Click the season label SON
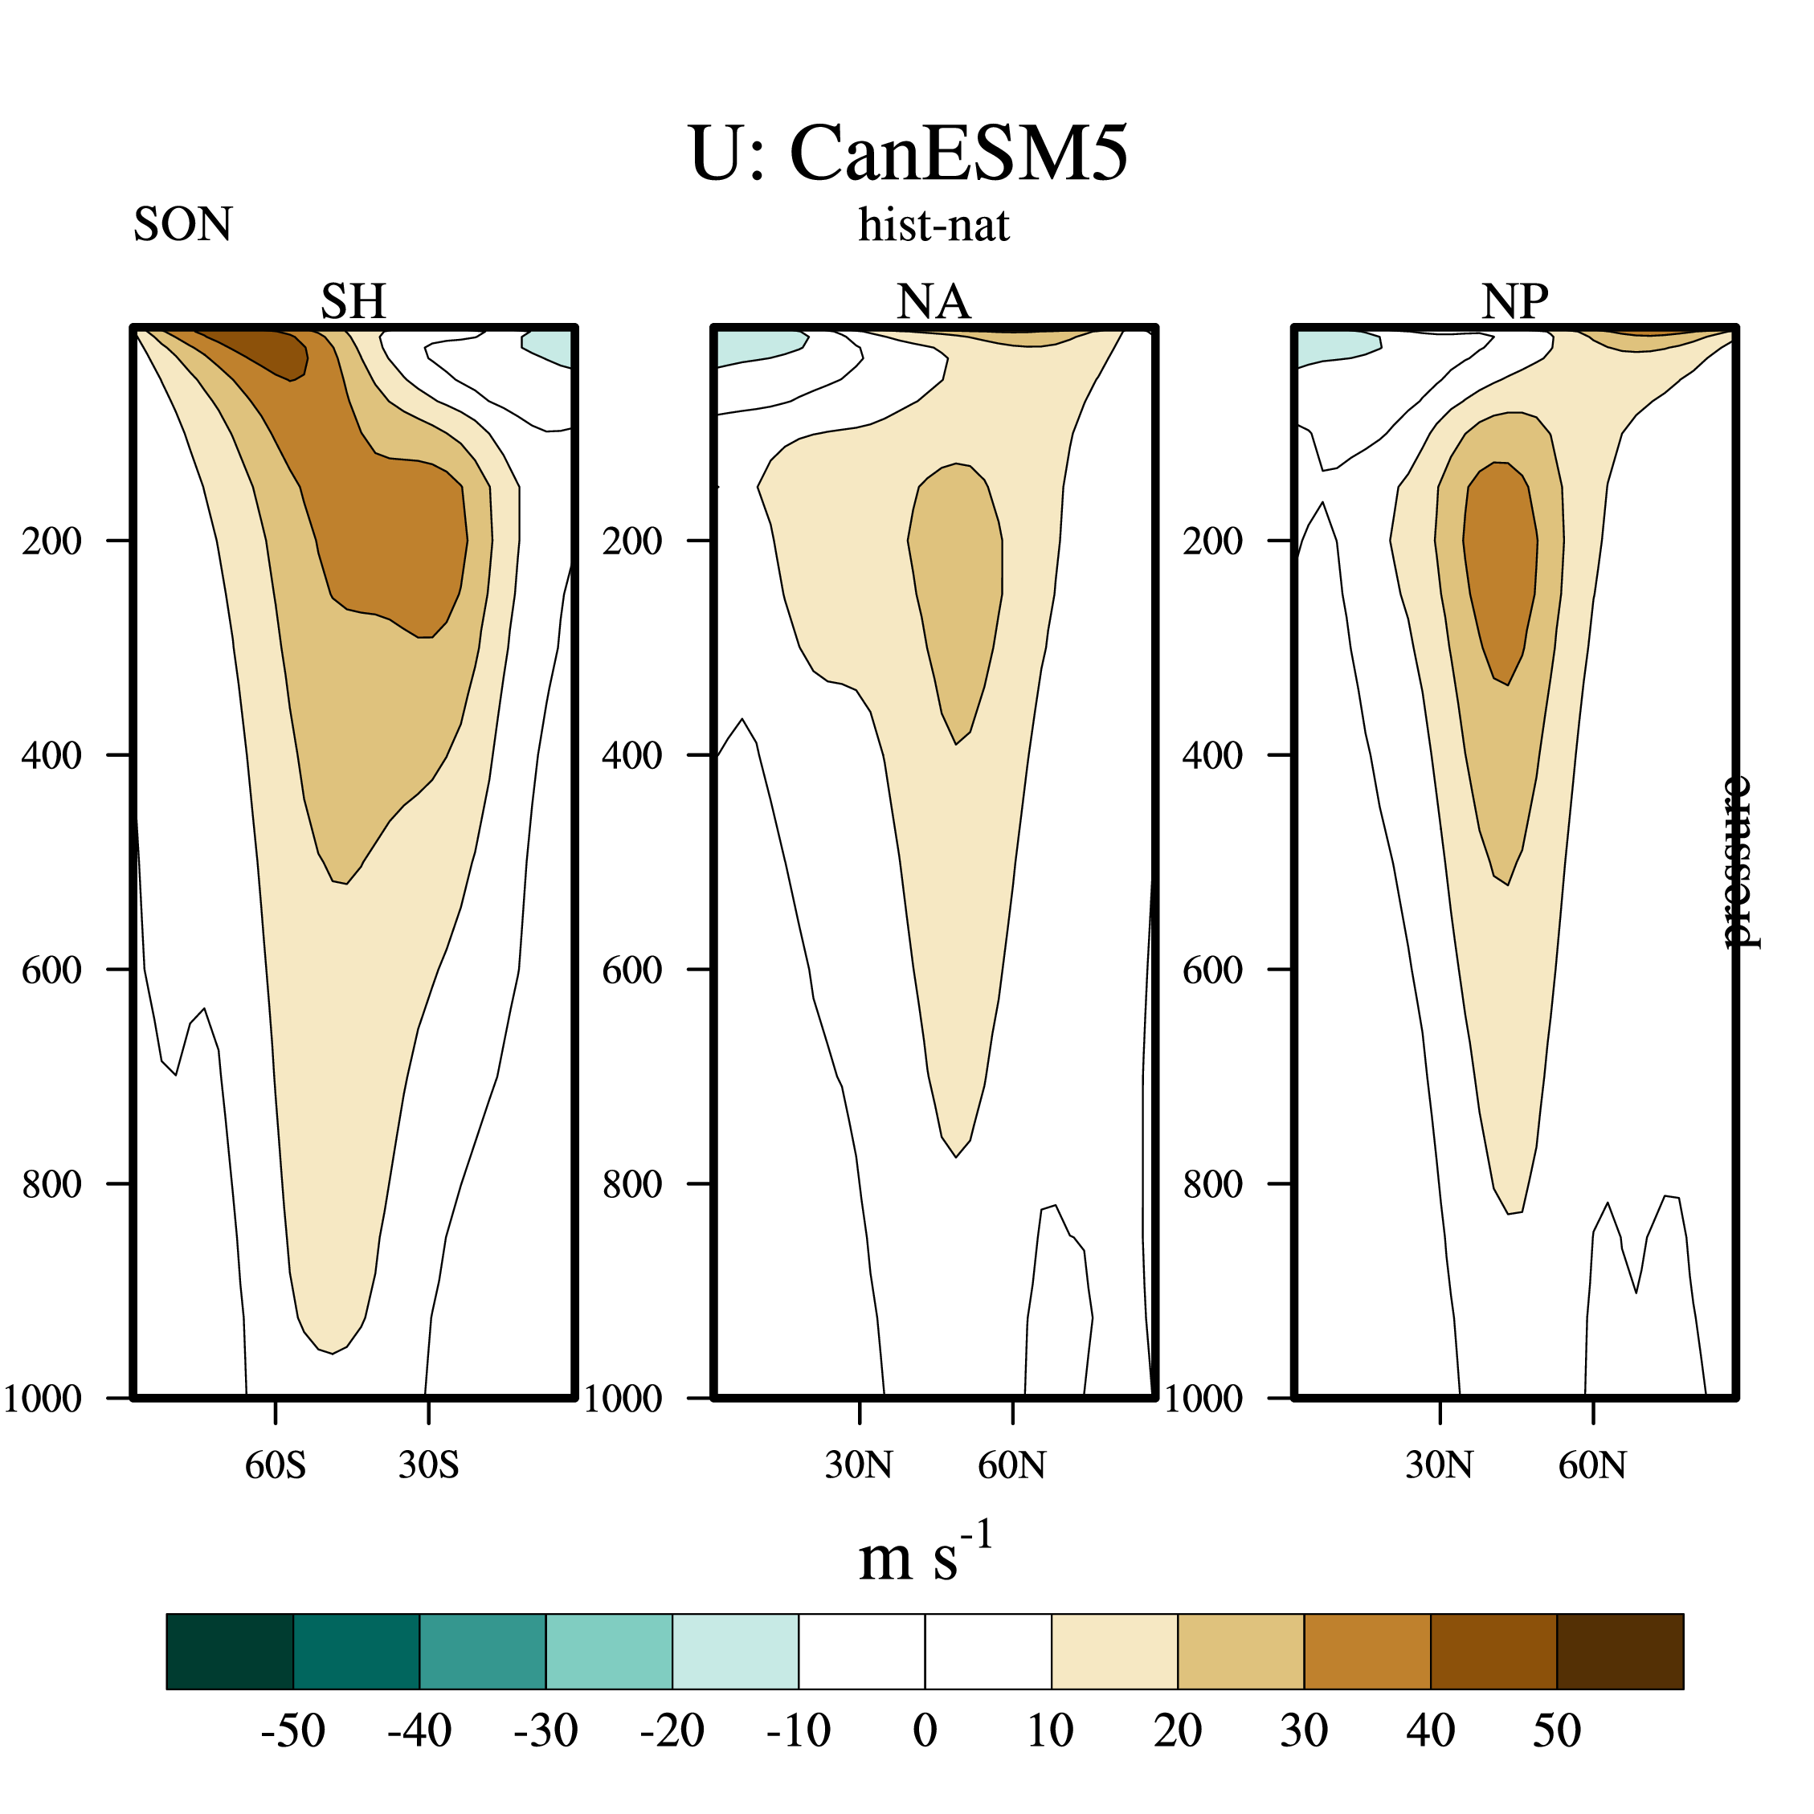[182, 224]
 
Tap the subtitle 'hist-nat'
[934, 225]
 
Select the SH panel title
[353, 301]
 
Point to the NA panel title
[934, 301]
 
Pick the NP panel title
[1514, 301]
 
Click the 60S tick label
[275, 1465]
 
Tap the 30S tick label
[428, 1465]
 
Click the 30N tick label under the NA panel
[858, 1465]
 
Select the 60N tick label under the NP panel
[1592, 1465]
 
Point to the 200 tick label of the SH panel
[52, 541]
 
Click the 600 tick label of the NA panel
[632, 970]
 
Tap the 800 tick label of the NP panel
[1212, 1184]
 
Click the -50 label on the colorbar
[293, 1730]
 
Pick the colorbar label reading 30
[1304, 1730]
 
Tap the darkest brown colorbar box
[1620, 1652]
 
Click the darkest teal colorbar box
[230, 1652]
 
